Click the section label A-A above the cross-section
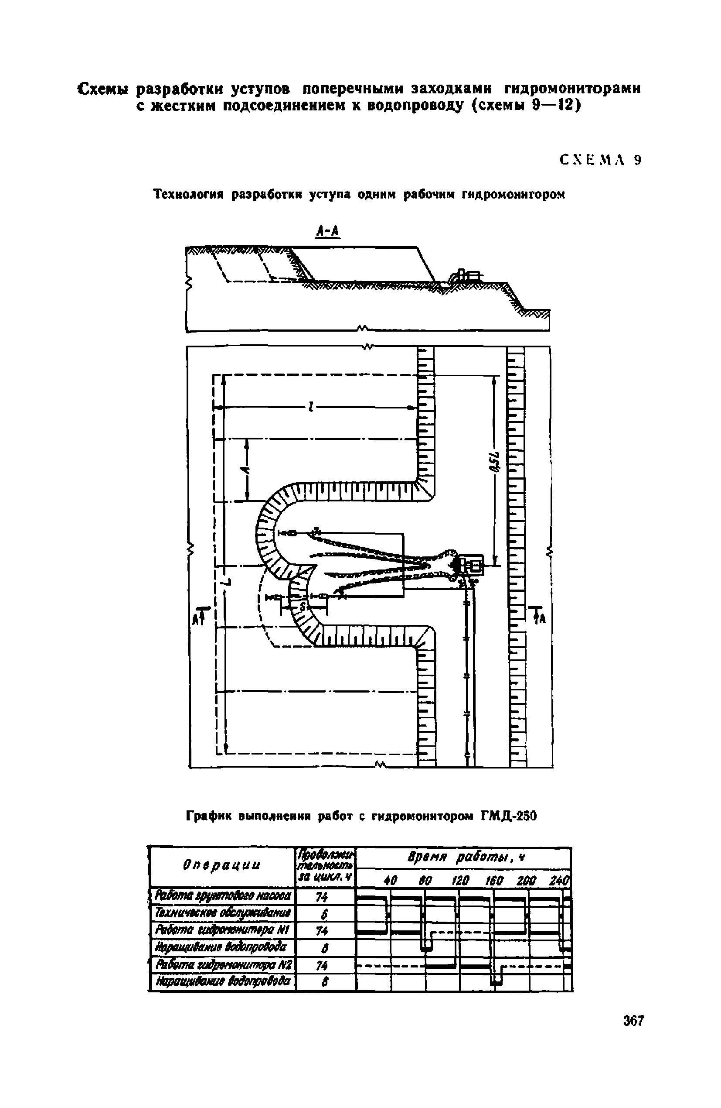[328, 231]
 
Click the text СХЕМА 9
[601, 160]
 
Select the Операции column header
[221, 865]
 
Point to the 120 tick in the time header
[459, 880]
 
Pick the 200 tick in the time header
[527, 880]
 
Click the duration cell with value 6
[325, 915]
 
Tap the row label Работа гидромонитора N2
[223, 964]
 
